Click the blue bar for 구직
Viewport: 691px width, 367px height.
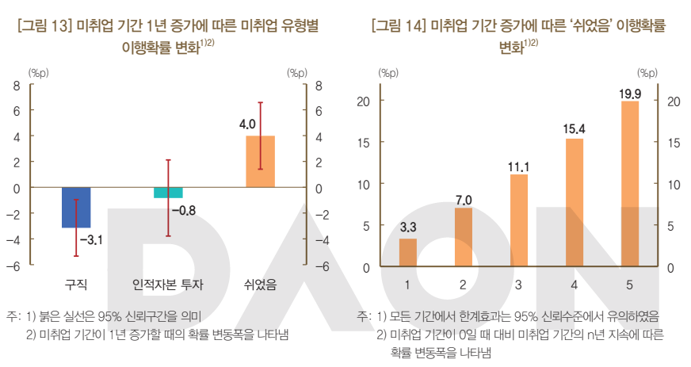point(75,208)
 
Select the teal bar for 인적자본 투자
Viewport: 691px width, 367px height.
point(168,193)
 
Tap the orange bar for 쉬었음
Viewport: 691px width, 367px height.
point(260,162)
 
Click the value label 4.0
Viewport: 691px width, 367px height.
point(246,124)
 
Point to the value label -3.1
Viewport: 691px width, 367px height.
point(92,239)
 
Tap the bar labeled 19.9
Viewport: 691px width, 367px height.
point(630,184)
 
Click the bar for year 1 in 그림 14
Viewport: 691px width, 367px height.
point(407,253)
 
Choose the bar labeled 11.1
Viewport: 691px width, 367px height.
point(519,220)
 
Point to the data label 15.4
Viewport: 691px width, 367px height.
point(574,128)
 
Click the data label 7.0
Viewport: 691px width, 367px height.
point(464,198)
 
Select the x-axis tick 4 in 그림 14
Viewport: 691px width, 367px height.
point(575,284)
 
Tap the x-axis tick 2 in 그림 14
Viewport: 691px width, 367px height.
point(463,284)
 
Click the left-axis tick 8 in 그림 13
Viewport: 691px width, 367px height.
point(16,86)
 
